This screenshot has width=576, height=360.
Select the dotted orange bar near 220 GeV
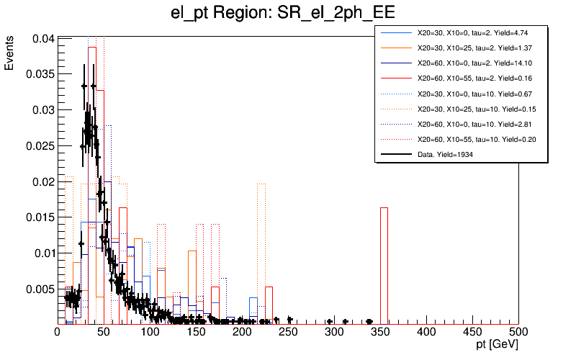point(261,252)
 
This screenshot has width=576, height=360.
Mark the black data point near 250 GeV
point(289,320)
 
